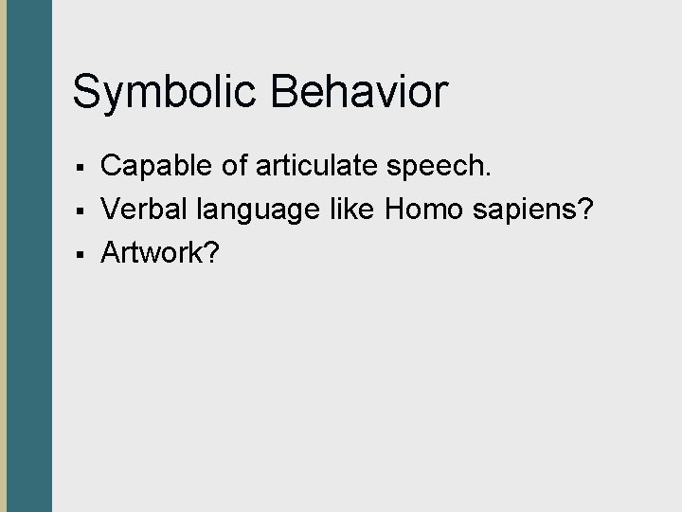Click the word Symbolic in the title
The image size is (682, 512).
coord(165,93)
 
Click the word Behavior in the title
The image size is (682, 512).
coord(357,92)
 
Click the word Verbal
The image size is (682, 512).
coord(142,210)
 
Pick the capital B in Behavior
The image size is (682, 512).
coord(284,92)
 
